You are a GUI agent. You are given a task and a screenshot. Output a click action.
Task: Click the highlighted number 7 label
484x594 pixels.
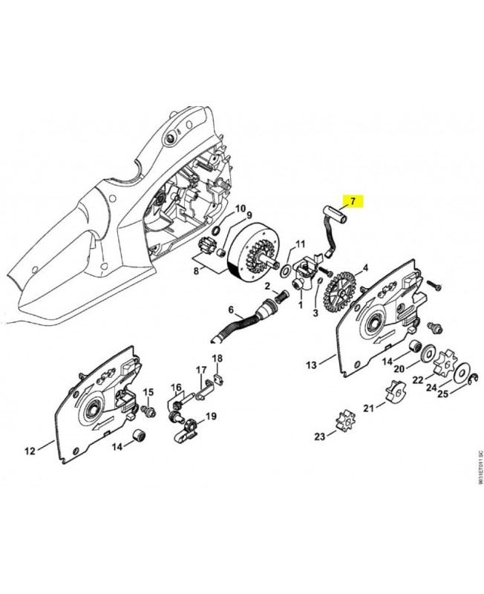pos(353,201)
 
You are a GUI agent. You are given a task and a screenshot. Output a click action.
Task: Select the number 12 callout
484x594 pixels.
pos(30,450)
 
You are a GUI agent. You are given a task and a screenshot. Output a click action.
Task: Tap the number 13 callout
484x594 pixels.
pos(311,365)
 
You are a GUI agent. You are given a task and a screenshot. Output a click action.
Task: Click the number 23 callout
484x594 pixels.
pos(320,436)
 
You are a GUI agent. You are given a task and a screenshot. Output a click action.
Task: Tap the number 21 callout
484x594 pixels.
pos(369,408)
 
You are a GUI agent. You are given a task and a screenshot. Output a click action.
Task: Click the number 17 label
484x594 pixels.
pos(201,370)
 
